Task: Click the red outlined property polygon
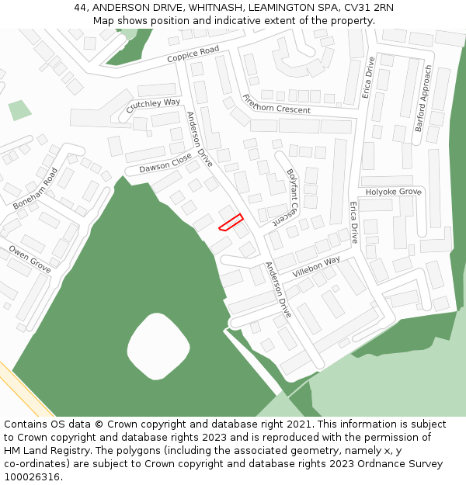(231, 222)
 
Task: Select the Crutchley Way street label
(153, 106)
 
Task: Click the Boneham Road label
(36, 189)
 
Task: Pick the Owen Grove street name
(30, 258)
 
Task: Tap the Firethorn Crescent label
(276, 104)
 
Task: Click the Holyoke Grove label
(393, 191)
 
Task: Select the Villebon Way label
(317, 268)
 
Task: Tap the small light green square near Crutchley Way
(20, 110)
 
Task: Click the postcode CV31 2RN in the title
(365, 8)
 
